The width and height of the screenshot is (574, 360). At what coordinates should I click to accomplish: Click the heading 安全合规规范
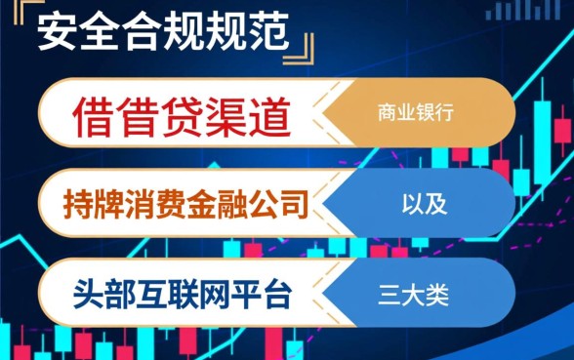click(x=164, y=35)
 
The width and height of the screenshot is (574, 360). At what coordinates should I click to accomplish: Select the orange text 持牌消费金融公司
click(x=184, y=205)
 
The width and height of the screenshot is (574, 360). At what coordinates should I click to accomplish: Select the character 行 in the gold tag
click(x=449, y=113)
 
